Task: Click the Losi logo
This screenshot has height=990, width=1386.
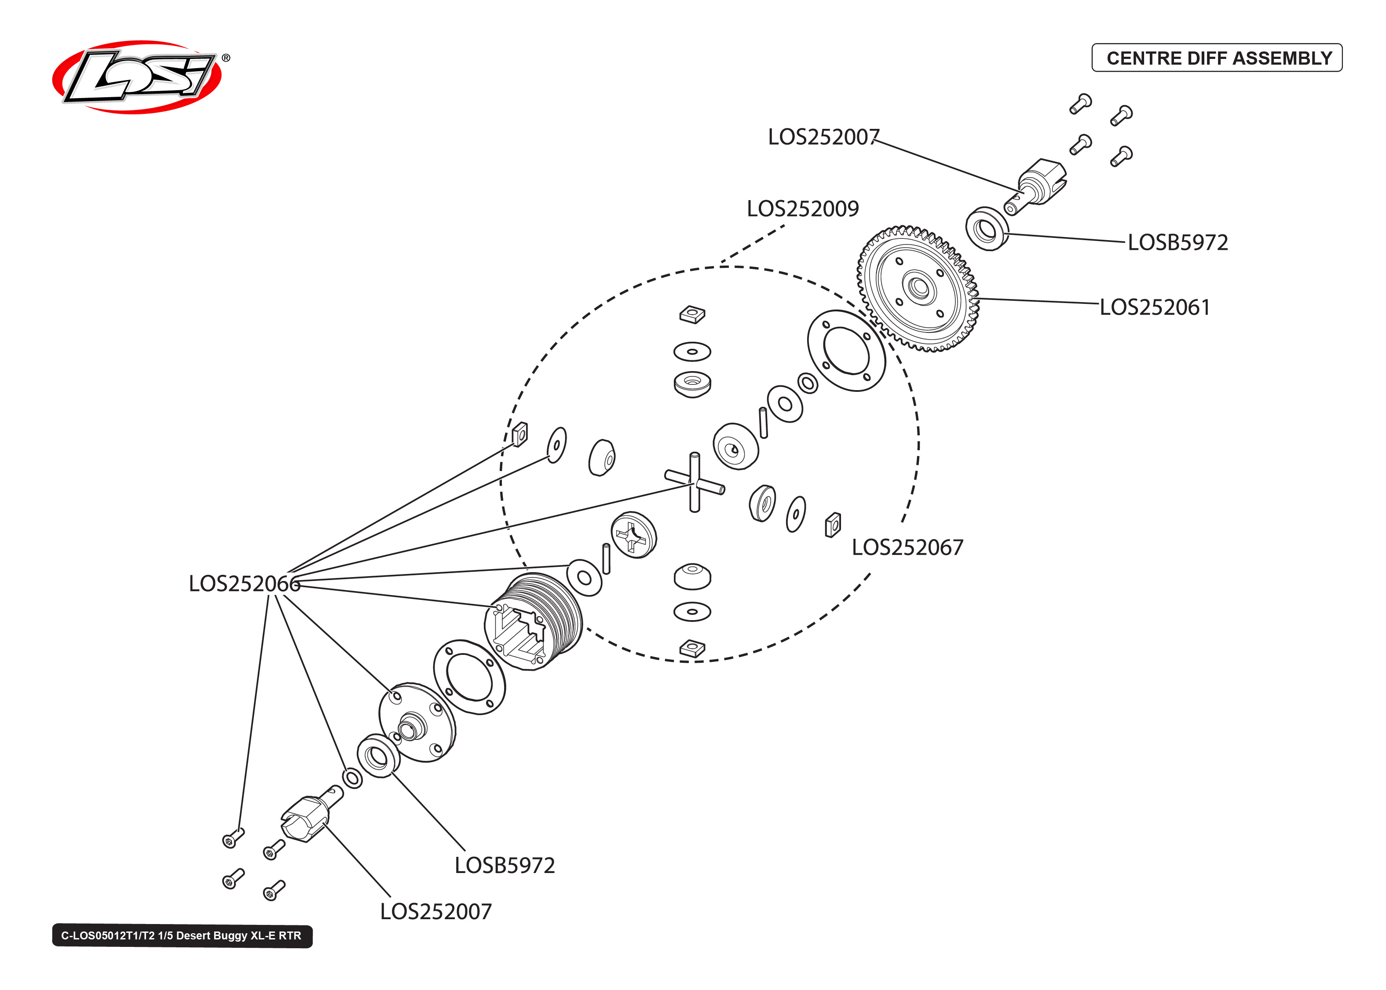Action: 137,77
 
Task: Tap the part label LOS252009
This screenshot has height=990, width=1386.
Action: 802,209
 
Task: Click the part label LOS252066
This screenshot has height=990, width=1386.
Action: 244,584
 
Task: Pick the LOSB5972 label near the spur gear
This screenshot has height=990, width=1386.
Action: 1177,243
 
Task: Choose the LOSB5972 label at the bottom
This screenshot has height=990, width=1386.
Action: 504,866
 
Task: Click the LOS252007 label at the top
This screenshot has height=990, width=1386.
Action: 823,137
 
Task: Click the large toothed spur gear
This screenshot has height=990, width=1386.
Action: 918,289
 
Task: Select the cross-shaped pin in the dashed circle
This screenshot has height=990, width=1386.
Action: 694,483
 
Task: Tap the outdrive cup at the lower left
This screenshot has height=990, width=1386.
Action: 307,817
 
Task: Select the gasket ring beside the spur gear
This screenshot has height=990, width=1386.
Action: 845,350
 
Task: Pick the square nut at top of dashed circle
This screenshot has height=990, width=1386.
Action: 692,314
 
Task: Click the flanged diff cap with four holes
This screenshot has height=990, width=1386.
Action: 417,723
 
